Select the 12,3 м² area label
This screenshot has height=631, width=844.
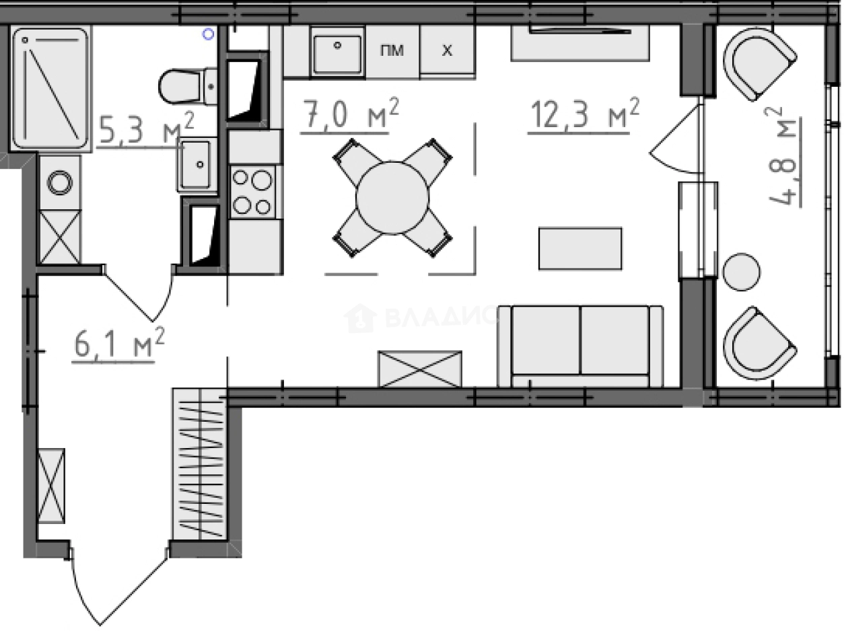pyautogui.click(x=583, y=114)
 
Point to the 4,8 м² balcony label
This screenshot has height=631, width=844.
pyautogui.click(x=781, y=157)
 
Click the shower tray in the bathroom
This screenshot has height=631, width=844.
pyautogui.click(x=51, y=87)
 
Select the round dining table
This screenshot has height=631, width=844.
pyautogui.click(x=392, y=197)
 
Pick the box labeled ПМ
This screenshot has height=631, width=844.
pyautogui.click(x=392, y=51)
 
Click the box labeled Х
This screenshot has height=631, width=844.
pyautogui.click(x=447, y=51)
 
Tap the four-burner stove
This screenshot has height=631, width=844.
pyautogui.click(x=252, y=192)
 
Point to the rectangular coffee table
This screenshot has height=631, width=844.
pyautogui.click(x=579, y=248)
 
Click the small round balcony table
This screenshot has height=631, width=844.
pyautogui.click(x=742, y=272)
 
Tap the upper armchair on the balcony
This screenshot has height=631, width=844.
pyautogui.click(x=759, y=64)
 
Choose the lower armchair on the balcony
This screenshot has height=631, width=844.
pyautogui.click(x=759, y=343)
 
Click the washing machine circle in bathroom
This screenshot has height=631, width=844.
pyautogui.click(x=60, y=182)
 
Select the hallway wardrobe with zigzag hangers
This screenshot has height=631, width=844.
pyautogui.click(x=199, y=464)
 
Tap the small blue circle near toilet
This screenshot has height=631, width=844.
pyautogui.click(x=209, y=33)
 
